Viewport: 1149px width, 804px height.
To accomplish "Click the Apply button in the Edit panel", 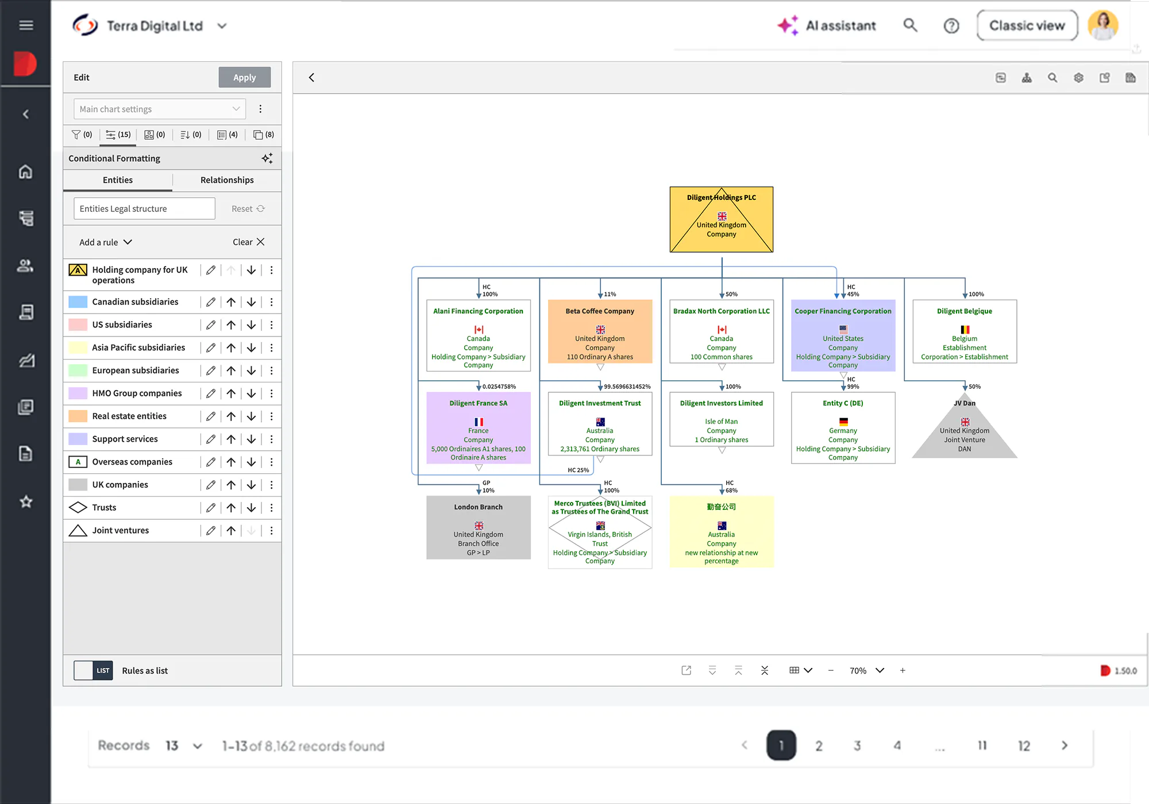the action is point(244,78).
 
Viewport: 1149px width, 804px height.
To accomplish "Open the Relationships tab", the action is point(227,180).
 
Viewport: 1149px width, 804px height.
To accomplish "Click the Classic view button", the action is point(1027,26).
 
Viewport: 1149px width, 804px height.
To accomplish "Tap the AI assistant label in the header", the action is point(840,26).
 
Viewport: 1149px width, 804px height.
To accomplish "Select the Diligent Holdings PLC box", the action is point(722,219).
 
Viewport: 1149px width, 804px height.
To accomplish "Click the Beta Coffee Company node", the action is point(600,331).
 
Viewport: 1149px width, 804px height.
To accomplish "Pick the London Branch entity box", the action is point(479,527).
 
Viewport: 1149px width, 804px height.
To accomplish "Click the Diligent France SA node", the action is point(479,428).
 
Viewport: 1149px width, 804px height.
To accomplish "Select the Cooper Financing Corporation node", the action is point(843,335).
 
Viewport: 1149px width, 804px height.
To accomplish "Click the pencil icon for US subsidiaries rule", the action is point(211,325).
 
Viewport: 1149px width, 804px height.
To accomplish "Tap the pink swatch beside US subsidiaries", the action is point(78,324).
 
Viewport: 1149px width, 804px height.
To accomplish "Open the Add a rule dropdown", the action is point(106,242).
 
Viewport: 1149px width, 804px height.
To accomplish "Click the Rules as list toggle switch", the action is point(93,670).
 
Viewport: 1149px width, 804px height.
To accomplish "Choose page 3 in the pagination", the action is point(857,745).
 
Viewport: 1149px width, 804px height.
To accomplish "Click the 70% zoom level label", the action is point(858,671).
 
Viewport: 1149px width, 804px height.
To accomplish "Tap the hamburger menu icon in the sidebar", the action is point(26,25).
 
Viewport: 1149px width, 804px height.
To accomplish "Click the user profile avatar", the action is point(1103,26).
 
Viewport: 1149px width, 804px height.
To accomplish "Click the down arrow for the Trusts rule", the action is point(251,508).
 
